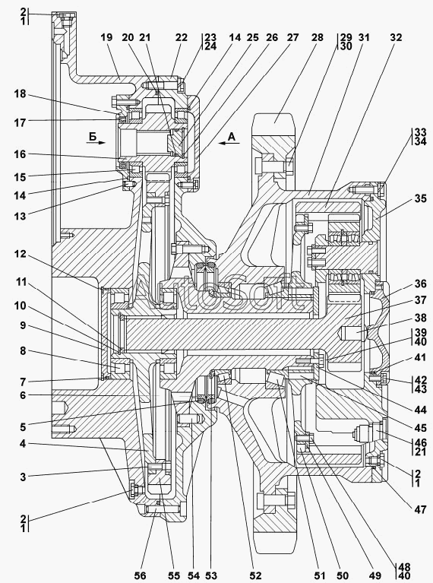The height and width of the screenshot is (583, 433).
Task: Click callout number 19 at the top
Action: pyautogui.click(x=106, y=37)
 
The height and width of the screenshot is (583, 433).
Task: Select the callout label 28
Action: pyautogui.click(x=318, y=37)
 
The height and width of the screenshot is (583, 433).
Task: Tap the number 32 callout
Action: pyautogui.click(x=397, y=37)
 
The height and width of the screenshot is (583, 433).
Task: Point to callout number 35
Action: pyautogui.click(x=420, y=199)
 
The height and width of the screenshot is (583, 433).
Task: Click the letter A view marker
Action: pyautogui.click(x=232, y=137)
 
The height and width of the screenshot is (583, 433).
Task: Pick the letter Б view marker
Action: pyautogui.click(x=92, y=136)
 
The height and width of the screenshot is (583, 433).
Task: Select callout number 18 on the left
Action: pyautogui.click(x=20, y=94)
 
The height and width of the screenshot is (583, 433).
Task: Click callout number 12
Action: pyautogui.click(x=20, y=255)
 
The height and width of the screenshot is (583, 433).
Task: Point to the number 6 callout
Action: pyautogui.click(x=23, y=395)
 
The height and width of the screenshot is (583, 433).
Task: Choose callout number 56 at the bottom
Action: pyautogui.click(x=140, y=575)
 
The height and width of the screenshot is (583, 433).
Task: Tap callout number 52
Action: pyautogui.click(x=255, y=575)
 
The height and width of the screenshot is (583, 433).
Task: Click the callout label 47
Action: pyautogui.click(x=420, y=509)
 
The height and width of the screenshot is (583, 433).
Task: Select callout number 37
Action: pyautogui.click(x=420, y=300)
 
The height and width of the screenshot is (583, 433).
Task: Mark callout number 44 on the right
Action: pyautogui.click(x=420, y=410)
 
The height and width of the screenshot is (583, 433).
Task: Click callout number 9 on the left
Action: pyautogui.click(x=23, y=326)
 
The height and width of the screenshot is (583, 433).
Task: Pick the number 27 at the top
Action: pyautogui.click(x=292, y=37)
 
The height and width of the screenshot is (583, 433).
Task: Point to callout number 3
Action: pyautogui.click(x=23, y=477)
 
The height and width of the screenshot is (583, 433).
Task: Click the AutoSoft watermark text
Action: pyautogui.click(x=220, y=293)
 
